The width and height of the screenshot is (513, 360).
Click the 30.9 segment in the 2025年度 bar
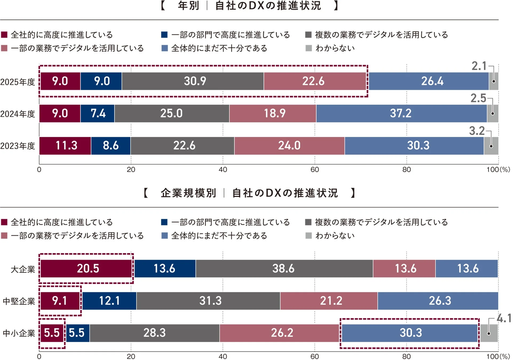pos(195,81)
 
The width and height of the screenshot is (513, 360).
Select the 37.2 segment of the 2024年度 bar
pos(401,113)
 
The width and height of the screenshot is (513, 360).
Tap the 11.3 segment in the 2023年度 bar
pos(66,146)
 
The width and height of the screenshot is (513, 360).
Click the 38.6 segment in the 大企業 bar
pos(283,269)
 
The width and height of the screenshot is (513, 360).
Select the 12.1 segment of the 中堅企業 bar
pos(109,301)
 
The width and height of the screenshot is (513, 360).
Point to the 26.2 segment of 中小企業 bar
pos(282,333)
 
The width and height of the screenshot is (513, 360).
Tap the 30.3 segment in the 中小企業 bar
pos(411,333)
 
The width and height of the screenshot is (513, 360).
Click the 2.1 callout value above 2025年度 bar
pos(479,66)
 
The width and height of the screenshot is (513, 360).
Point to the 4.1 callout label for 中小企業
pos(504,318)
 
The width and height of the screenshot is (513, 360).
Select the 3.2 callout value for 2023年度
pos(477,131)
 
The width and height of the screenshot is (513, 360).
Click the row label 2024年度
pos(18,114)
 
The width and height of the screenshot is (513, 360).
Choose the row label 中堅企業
pos(19,301)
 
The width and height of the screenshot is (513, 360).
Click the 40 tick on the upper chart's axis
pos(223,170)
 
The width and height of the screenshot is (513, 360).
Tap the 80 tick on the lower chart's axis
pos(406,357)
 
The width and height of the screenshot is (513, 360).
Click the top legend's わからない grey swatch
pos(308,48)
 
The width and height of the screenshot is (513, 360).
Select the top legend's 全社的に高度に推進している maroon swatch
pos(4,35)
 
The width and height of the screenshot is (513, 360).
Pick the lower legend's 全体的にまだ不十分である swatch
pos(165,236)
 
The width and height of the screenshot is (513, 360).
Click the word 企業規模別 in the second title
pos(188,193)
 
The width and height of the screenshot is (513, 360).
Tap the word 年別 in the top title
pos(188,6)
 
